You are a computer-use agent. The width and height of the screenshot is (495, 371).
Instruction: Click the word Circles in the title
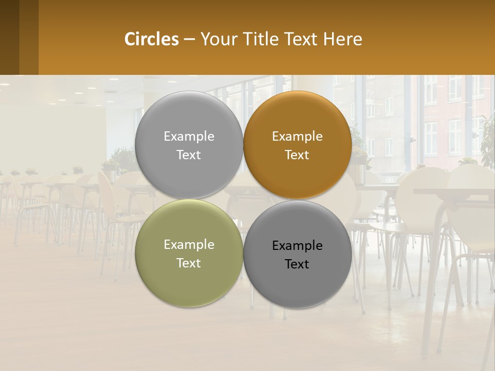point(151,39)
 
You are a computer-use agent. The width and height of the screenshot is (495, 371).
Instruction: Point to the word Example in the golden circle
point(298,136)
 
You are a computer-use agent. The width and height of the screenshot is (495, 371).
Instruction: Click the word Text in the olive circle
point(189,263)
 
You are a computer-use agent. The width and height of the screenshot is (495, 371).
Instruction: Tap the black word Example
point(298,245)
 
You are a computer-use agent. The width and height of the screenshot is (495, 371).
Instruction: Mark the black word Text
point(298,264)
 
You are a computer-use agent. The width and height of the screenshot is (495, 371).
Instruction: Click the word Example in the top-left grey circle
point(189,136)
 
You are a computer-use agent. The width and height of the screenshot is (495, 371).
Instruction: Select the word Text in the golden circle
point(298,155)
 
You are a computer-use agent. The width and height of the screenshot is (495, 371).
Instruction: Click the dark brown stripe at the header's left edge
point(9,37)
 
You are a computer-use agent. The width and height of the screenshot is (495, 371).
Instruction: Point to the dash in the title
point(189,39)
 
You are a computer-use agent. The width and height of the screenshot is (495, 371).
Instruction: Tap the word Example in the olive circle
point(189,244)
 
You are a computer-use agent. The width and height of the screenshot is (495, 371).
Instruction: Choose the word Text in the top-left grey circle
point(189,155)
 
